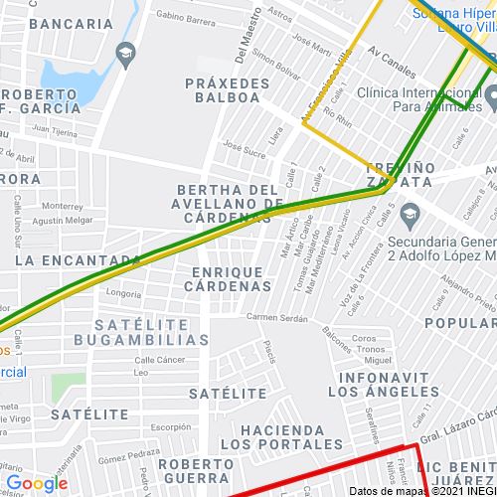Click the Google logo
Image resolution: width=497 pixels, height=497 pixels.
[36, 484]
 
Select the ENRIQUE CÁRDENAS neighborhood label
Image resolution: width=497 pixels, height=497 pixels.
[228, 278]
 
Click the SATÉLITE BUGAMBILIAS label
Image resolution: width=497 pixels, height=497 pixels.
[151, 332]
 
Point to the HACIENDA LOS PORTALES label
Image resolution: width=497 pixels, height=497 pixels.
[272, 436]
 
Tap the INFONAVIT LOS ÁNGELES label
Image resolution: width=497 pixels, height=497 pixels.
[384, 385]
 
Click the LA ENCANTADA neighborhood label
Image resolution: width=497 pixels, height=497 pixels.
[77, 259]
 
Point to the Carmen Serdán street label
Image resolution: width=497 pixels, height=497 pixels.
[273, 317]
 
